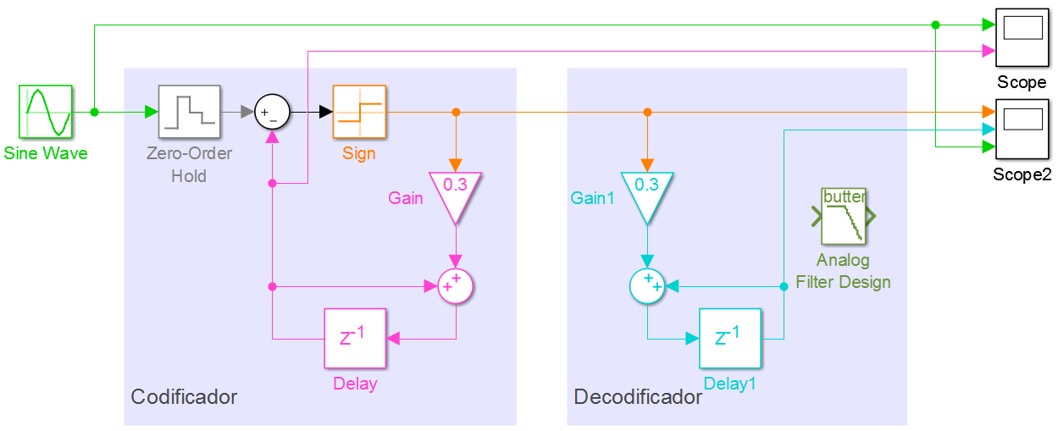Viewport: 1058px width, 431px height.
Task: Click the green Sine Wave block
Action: (45, 111)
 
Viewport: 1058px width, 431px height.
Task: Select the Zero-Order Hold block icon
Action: (189, 111)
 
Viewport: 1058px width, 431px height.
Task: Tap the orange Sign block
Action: (359, 111)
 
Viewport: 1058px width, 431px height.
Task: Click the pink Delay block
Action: (355, 338)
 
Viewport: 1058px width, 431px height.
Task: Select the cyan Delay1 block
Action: (729, 338)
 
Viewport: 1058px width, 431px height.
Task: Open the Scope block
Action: (1022, 36)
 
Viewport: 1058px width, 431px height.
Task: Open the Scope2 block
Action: (1022, 129)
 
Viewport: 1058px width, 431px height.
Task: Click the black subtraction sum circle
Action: (272, 112)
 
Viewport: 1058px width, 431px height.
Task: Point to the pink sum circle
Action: (456, 287)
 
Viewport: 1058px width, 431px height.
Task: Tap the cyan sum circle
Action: (647, 287)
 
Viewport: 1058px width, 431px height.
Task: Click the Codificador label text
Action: (184, 396)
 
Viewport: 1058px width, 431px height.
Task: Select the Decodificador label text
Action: (638, 396)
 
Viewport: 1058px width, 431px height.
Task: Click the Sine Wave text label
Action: (45, 153)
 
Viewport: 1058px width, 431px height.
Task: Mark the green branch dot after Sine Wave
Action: (94, 112)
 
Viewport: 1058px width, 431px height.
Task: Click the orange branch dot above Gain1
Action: (647, 112)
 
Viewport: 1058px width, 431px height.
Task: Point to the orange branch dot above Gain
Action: (456, 112)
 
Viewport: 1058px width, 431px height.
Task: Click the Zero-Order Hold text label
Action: (189, 165)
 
